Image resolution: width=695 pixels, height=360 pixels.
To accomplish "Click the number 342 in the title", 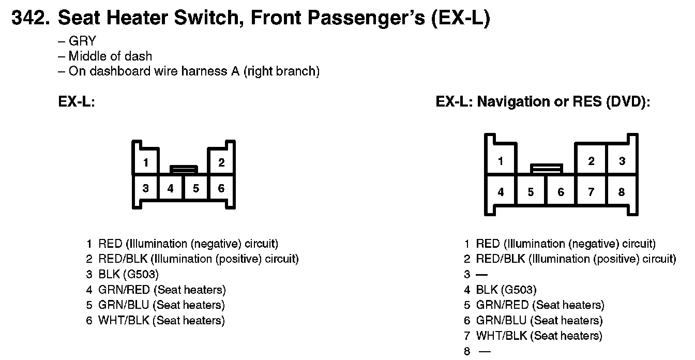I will (29, 19).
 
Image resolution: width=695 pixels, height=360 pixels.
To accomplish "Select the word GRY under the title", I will (82, 41).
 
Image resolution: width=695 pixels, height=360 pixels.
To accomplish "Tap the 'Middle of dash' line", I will (110, 56).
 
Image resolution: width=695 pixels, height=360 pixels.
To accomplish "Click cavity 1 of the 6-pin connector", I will (146, 163).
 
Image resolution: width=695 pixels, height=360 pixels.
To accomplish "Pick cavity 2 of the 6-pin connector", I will (221, 162).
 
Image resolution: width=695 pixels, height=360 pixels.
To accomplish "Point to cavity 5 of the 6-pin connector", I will (196, 188).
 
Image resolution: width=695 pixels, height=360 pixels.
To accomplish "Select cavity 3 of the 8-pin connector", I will (622, 161).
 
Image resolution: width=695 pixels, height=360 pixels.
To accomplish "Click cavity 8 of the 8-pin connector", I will (622, 192).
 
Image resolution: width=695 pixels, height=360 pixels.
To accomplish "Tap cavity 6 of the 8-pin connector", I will (561, 192).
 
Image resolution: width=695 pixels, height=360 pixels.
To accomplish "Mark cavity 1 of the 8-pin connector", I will (501, 161).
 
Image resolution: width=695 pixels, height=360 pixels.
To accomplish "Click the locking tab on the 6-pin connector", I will (184, 169).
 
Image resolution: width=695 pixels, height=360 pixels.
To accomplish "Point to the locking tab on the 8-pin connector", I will (547, 168).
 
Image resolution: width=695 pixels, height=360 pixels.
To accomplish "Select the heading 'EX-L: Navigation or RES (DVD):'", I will (542, 101).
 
